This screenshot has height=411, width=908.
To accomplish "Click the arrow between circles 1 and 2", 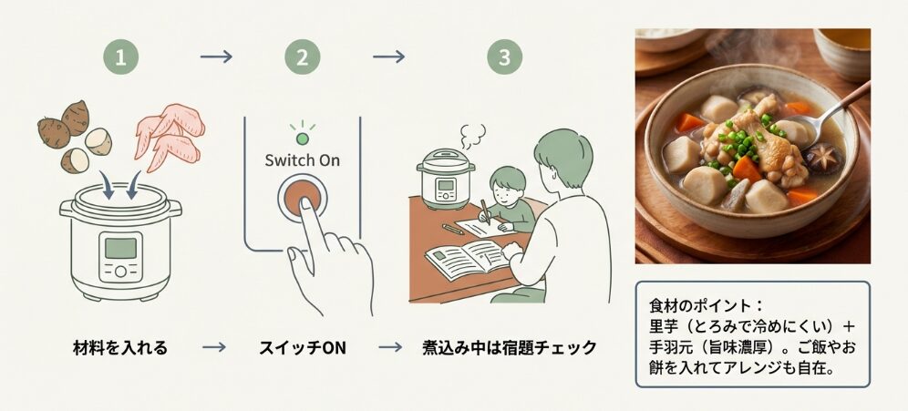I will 216,57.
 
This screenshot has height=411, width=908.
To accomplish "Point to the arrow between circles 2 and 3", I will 389,57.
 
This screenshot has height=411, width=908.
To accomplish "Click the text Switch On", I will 302,160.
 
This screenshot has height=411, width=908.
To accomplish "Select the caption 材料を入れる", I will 119,347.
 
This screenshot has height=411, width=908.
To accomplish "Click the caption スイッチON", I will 302,347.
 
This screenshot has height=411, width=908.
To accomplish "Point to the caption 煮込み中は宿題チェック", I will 509,347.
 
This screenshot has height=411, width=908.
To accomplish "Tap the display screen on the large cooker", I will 120,247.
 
